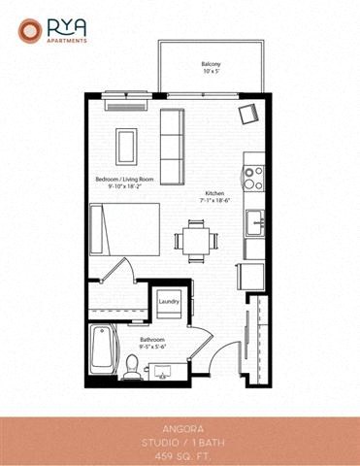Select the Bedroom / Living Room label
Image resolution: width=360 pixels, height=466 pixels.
(x=127, y=180)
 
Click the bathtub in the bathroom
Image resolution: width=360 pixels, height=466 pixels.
(x=104, y=349)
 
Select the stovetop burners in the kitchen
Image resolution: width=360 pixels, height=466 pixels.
(x=253, y=178)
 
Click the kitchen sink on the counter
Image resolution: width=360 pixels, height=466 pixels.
(x=256, y=221)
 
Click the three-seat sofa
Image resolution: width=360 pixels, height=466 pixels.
(x=172, y=147)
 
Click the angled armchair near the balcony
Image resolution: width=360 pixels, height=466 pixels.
(x=248, y=114)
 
